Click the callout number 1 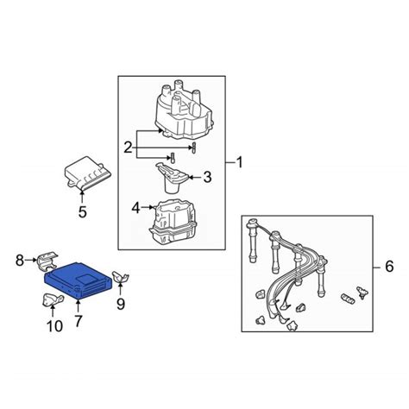pyautogui.click(x=239, y=162)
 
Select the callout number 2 pyautogui.click(x=128, y=148)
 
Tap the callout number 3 pyautogui.click(x=207, y=177)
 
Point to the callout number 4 pyautogui.click(x=135, y=208)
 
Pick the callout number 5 pyautogui.click(x=83, y=212)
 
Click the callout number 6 pyautogui.click(x=389, y=267)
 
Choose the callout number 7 pyautogui.click(x=79, y=321)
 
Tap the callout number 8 pyautogui.click(x=20, y=261)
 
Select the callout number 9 pyautogui.click(x=121, y=304)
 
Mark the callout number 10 pyautogui.click(x=54, y=326)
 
